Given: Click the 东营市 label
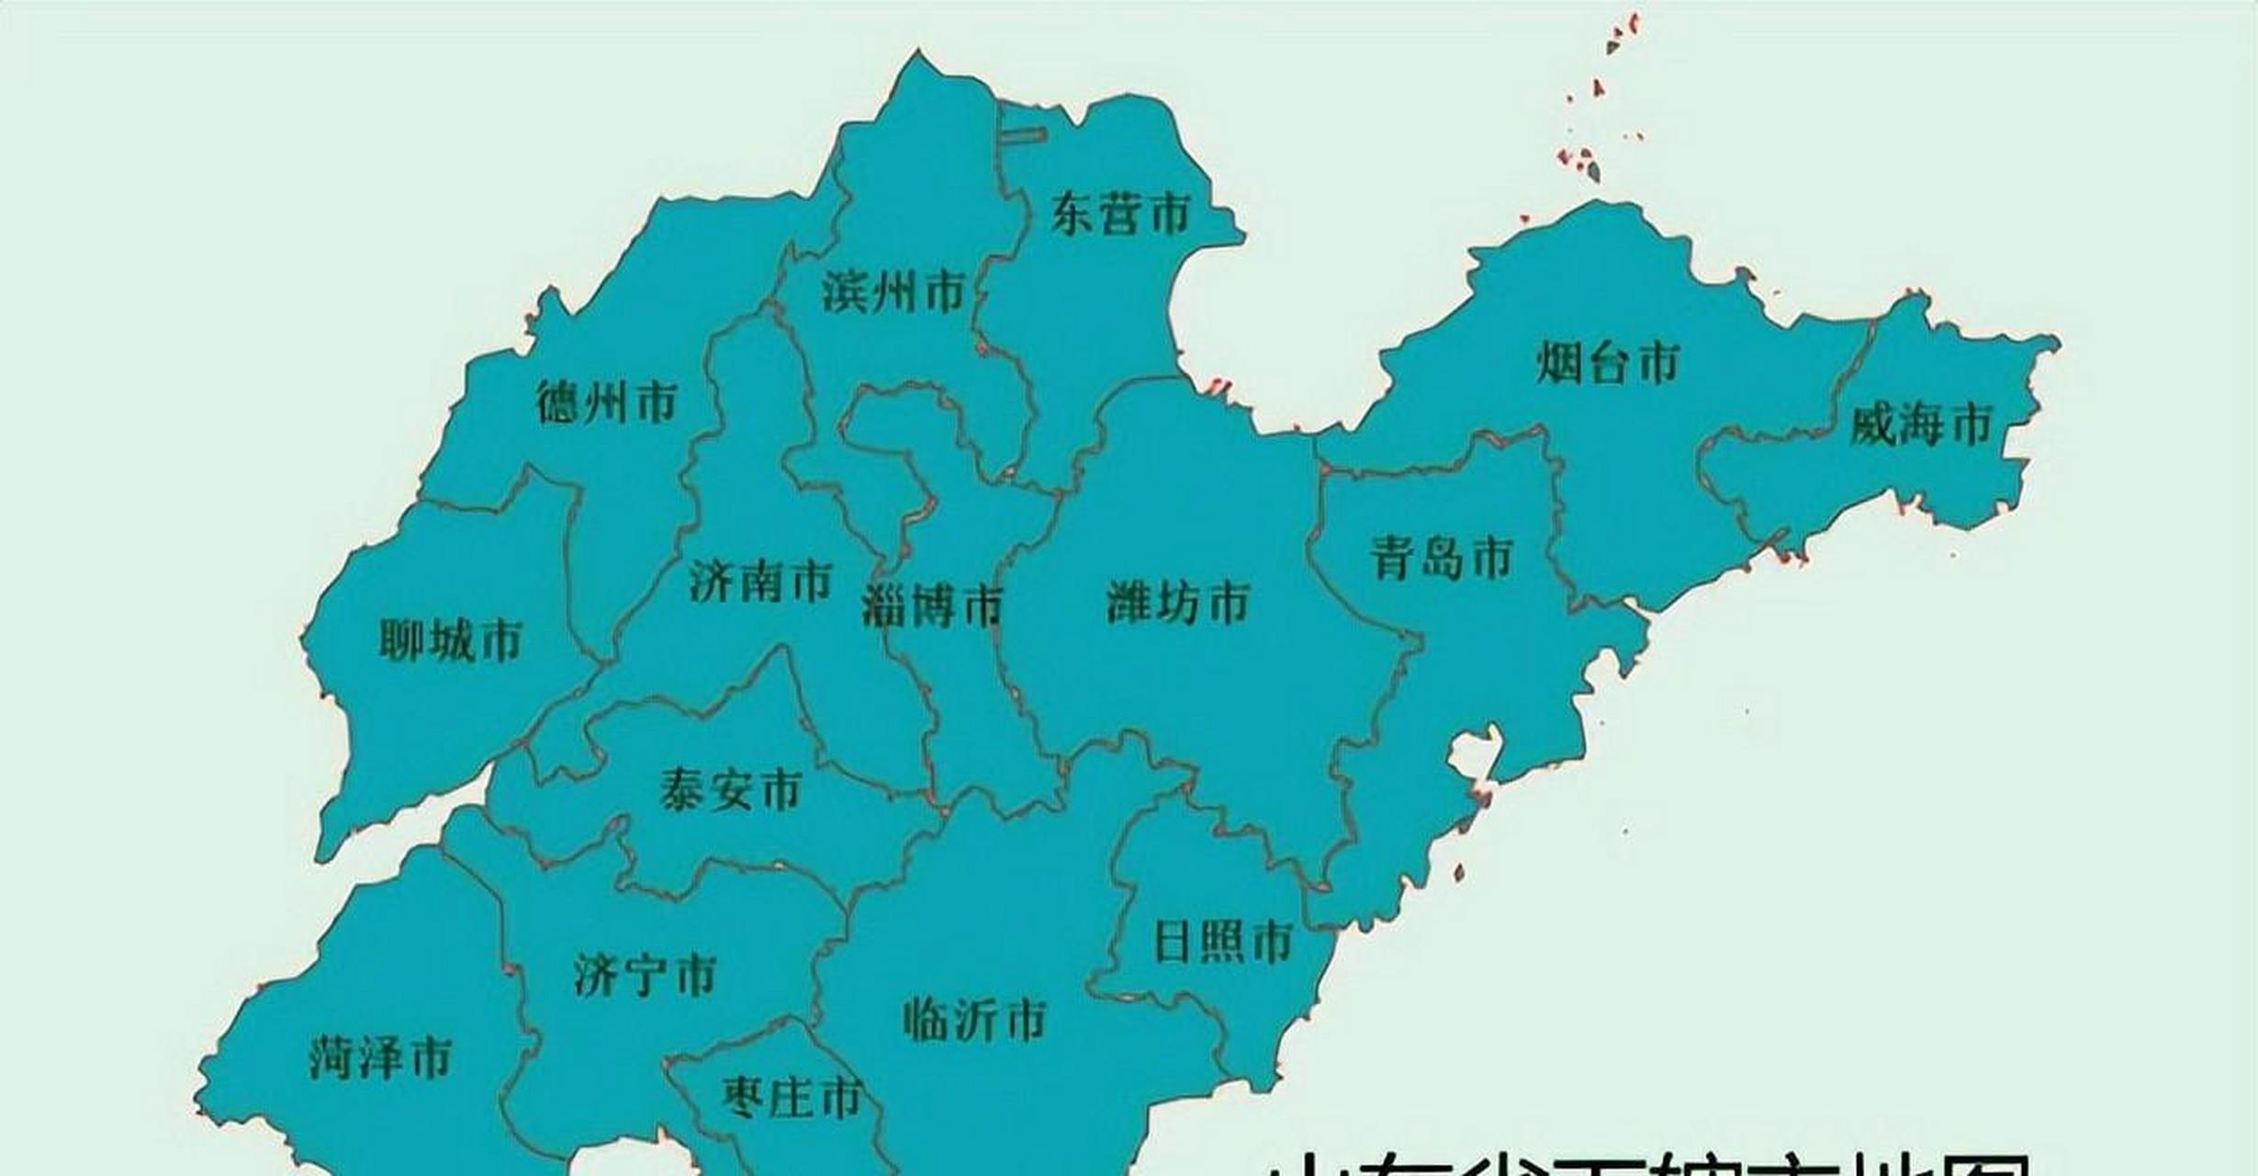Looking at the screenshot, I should point(1120,214).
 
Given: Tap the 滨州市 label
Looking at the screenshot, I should point(893,292).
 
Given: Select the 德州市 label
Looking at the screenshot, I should point(607,402).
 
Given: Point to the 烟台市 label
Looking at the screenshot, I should point(1608,362).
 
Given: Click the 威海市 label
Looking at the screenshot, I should point(1920,424).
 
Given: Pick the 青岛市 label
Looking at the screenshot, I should point(1442,558).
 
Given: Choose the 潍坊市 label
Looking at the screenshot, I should point(1178,603).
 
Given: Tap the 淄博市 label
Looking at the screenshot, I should point(932,606).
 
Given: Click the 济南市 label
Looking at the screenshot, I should point(760,581).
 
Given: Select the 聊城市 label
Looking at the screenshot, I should point(451,639).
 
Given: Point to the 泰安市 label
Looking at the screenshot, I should point(731,789).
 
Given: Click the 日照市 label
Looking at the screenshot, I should point(1223,942).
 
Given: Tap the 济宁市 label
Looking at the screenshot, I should point(645,976).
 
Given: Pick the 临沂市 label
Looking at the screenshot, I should point(975,1020).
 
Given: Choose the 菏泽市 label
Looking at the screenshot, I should point(380,1058).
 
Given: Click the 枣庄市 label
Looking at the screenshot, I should point(792,1097).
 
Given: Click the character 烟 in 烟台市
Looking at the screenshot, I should point(1559,362).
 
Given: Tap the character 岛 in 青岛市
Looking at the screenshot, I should point(1442,558).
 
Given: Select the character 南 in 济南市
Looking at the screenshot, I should point(760,581).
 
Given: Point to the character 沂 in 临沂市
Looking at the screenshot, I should point(975,1020).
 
